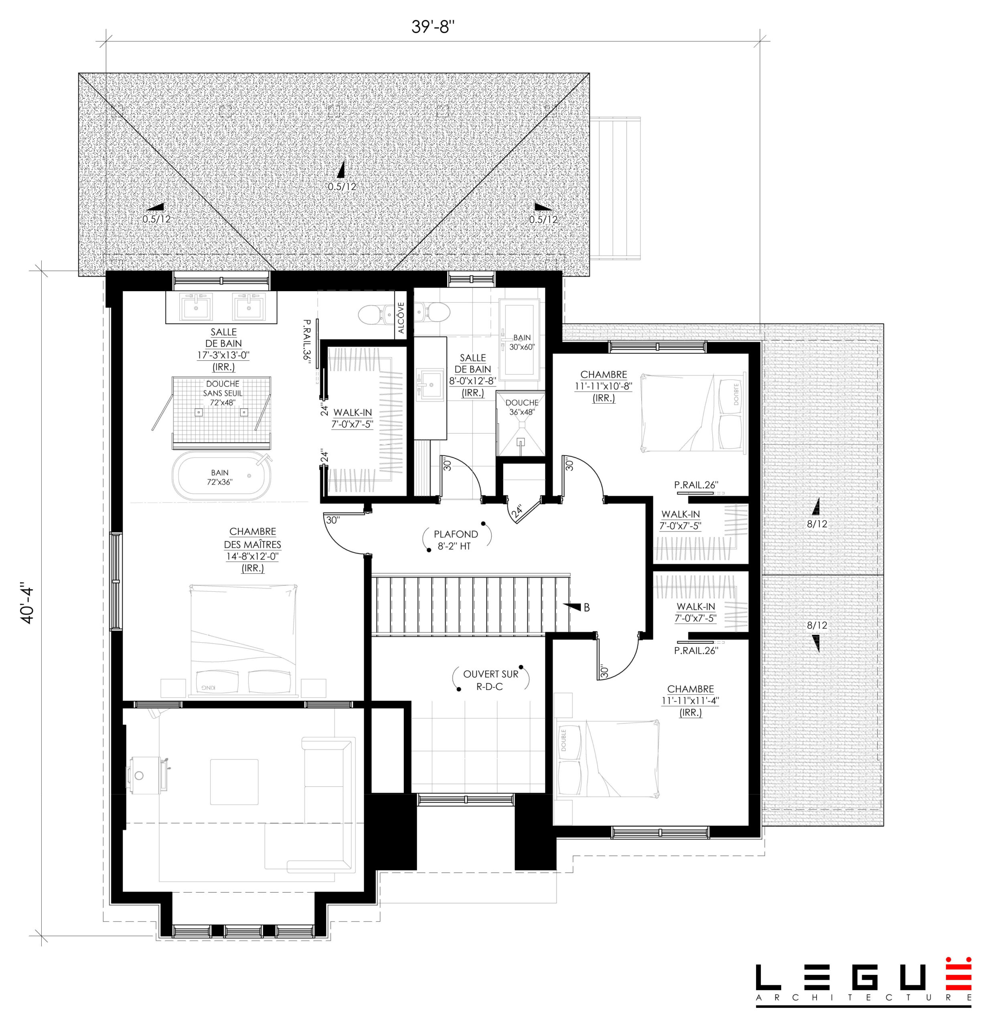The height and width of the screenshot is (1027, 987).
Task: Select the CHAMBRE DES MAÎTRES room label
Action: pos(253,550)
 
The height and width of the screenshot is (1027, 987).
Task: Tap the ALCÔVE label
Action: pos(401,318)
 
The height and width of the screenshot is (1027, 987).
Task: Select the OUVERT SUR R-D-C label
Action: pos(490,680)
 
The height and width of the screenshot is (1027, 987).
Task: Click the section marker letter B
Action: pos(587,607)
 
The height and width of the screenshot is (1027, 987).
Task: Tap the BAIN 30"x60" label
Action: pos(522,342)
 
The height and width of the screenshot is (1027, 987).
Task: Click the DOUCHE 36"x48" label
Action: pos(522,407)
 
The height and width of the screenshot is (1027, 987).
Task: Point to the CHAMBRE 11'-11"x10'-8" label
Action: pos(604,386)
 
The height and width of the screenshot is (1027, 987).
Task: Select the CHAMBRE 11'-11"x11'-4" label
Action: pos(691,700)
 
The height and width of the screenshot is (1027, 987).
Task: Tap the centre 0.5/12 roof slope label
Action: pos(342,187)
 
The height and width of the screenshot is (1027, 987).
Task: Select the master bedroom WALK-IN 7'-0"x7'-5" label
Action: pos(352,418)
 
